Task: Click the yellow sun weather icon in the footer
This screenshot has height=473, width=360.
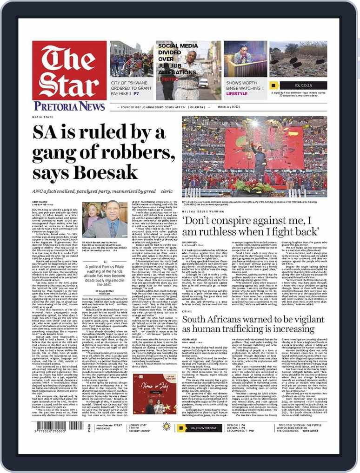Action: click(166, 427)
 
